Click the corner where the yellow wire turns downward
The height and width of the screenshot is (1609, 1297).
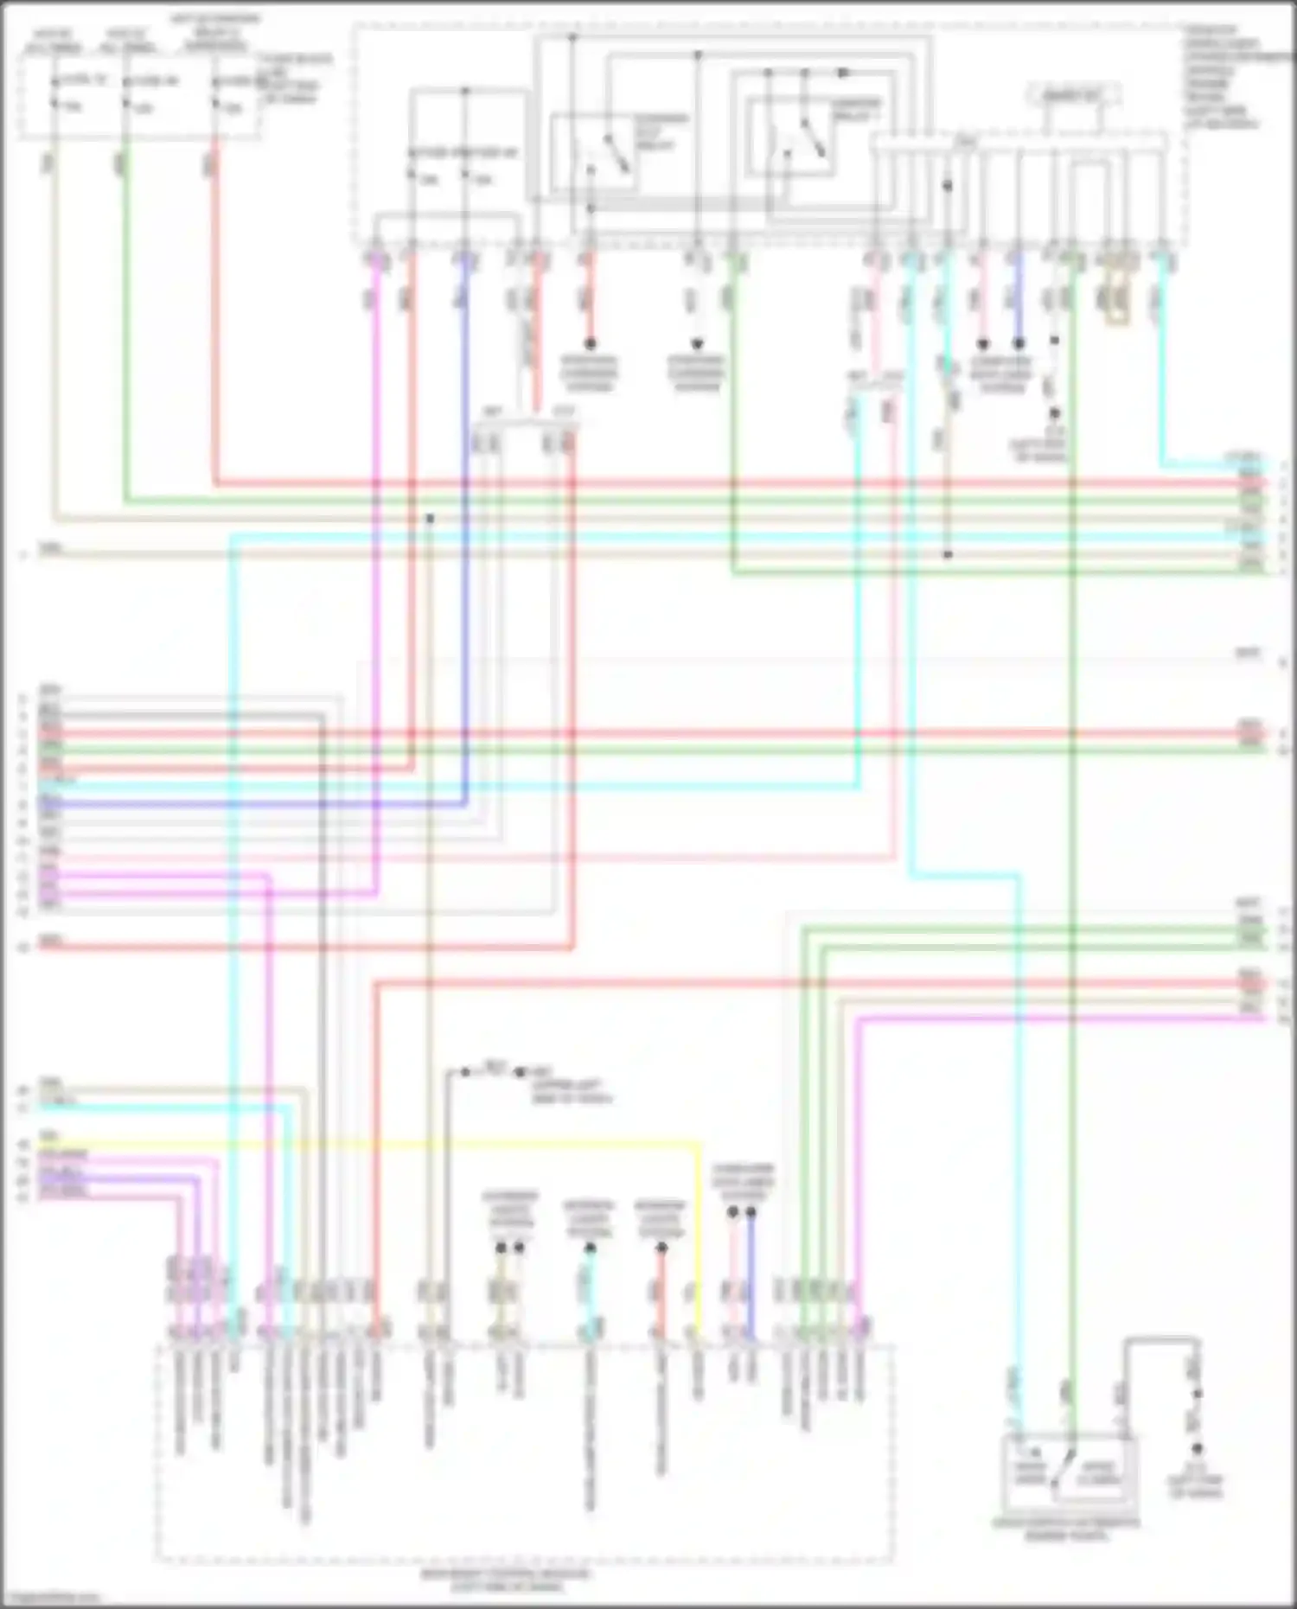click(x=699, y=1145)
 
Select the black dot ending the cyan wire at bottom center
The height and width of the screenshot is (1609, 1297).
click(x=590, y=1248)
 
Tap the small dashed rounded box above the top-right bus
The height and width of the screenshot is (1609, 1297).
click(x=1073, y=94)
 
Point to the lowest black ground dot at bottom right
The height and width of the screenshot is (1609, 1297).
click(x=1198, y=1448)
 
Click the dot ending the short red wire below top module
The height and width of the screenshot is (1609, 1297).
click(x=591, y=343)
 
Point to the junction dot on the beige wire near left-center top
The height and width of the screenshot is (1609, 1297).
click(x=429, y=519)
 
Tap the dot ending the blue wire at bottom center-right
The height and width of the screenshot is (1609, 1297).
click(x=751, y=1212)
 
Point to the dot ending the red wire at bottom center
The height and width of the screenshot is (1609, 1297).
click(x=661, y=1248)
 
